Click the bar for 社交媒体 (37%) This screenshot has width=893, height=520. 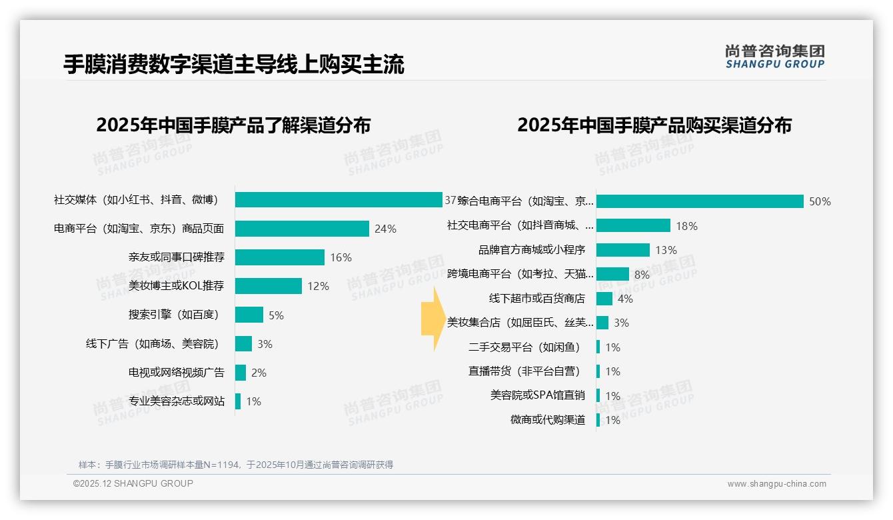click(x=339, y=200)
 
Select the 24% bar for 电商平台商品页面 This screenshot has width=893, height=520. click(x=302, y=229)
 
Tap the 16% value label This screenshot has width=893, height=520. click(x=341, y=257)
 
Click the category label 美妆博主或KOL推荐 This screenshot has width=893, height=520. click(x=176, y=286)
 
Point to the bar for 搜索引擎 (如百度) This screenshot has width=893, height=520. click(x=249, y=315)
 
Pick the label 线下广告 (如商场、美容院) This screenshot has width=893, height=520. click(x=152, y=344)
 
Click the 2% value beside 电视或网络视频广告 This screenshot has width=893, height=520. click(x=259, y=373)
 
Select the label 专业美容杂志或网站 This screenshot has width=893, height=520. click(x=176, y=401)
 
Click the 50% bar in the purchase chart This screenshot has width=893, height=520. click(x=700, y=201)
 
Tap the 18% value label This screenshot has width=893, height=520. click(x=686, y=226)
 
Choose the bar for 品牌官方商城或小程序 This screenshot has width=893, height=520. click(x=622, y=250)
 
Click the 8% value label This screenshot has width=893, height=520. click(x=642, y=274)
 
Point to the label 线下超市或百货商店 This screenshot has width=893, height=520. click(x=536, y=299)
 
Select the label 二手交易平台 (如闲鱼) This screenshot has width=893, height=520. click(x=524, y=347)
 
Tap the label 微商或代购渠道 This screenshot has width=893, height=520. click(x=547, y=420)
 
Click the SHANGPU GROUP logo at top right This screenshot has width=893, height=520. click(x=774, y=57)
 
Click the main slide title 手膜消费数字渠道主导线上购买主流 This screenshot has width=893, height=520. click(x=234, y=65)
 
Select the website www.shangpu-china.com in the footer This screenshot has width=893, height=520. click(x=776, y=484)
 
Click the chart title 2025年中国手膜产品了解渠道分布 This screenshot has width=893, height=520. click(x=233, y=125)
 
